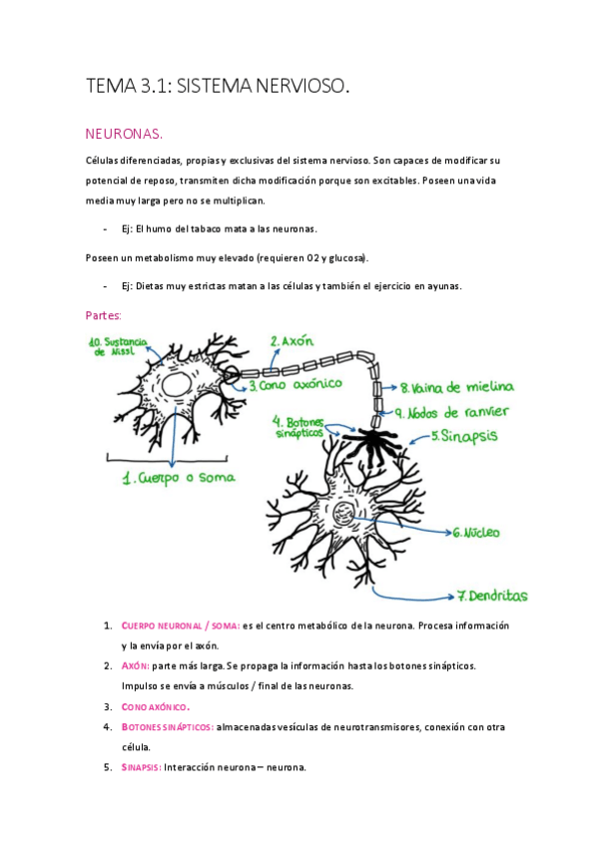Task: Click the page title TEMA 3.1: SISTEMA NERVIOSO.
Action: tap(218, 88)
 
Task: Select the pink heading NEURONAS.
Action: tap(124, 134)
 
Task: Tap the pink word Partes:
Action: tap(105, 314)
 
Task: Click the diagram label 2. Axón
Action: tap(293, 341)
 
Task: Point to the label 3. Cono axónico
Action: tap(296, 383)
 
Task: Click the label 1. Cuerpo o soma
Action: tap(179, 478)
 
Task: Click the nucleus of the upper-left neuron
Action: tap(180, 384)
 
